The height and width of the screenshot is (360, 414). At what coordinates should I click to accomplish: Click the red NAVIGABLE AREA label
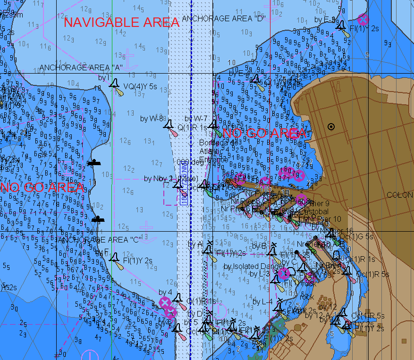coord(121,22)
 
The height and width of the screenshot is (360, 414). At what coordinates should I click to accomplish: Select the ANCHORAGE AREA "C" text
coord(99,239)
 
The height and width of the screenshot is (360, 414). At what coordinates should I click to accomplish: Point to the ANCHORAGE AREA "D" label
coord(224,18)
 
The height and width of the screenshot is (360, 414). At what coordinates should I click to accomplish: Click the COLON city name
coord(399,195)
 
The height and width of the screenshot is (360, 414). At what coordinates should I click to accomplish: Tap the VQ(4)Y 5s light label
coord(140,86)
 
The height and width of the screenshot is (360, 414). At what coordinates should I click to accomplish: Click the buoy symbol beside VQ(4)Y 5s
coord(114,84)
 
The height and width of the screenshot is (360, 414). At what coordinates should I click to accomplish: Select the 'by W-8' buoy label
coord(151,118)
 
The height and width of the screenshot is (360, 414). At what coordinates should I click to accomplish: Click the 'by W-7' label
coord(196,118)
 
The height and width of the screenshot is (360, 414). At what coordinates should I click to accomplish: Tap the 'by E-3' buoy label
coord(325,19)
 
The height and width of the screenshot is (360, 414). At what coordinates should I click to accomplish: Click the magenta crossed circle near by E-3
coord(363,19)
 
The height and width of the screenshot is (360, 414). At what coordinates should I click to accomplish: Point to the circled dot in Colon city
coord(331,126)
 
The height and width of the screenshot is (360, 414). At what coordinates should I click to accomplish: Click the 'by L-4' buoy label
coord(262,301)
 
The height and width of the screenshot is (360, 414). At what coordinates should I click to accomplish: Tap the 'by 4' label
coord(165,293)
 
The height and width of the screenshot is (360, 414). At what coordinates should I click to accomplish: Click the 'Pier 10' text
coord(329,219)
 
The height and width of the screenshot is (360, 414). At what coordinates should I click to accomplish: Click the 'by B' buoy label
coord(260,246)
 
